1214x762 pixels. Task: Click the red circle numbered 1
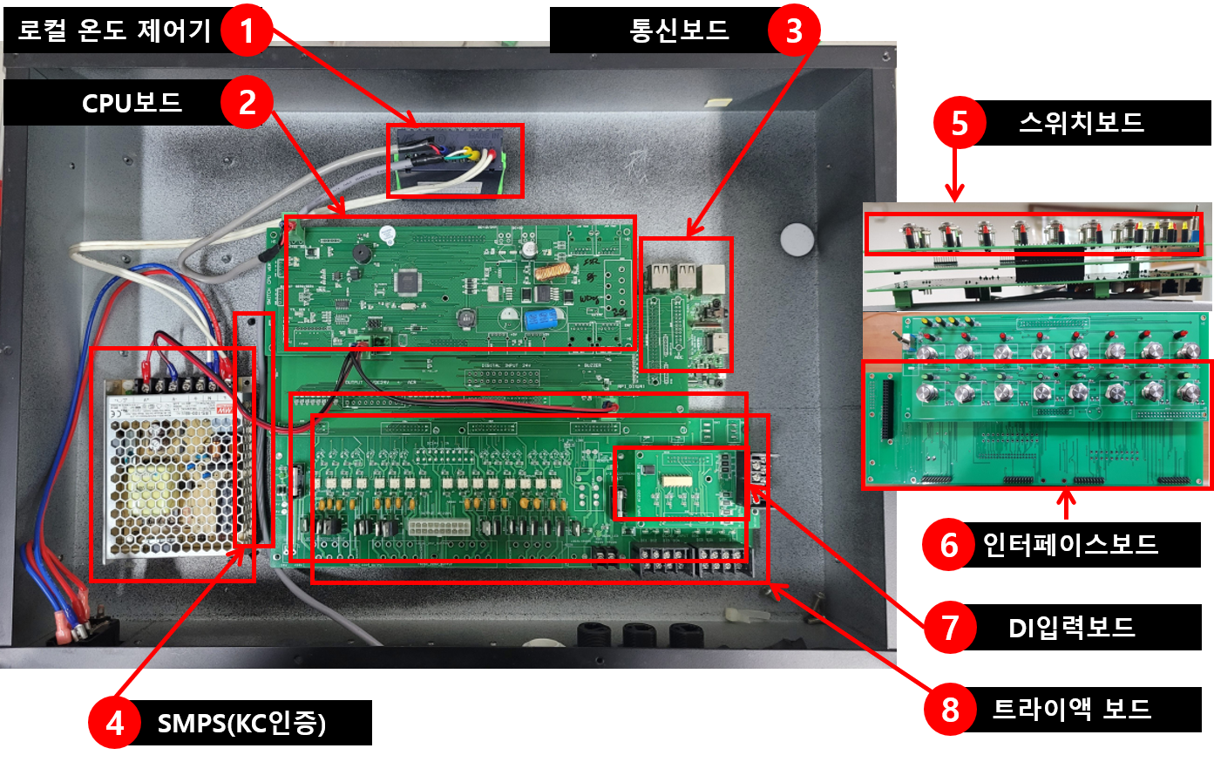coord(247,31)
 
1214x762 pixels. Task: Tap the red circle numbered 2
coord(247,102)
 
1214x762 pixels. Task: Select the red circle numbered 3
coord(794,31)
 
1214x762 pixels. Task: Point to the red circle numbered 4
coord(114,723)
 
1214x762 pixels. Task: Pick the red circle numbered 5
coord(960,123)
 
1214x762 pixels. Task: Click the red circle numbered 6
coord(949,545)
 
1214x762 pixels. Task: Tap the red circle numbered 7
coord(950,627)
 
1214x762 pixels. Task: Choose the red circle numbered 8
coord(950,710)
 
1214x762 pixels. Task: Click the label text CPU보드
coord(132,103)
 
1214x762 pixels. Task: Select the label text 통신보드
coord(679,31)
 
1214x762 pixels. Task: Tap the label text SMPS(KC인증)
coord(241,724)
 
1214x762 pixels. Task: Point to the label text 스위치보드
coord(1082,123)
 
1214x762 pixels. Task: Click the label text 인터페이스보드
coord(1070,545)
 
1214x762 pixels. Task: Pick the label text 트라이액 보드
coord(1071,710)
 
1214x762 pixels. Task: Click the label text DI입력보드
coord(1071,628)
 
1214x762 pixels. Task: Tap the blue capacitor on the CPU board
coord(540,318)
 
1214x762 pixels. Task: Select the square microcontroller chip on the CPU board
coord(408,282)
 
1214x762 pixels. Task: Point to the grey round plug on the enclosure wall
coord(797,239)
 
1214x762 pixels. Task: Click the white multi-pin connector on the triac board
coord(439,527)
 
